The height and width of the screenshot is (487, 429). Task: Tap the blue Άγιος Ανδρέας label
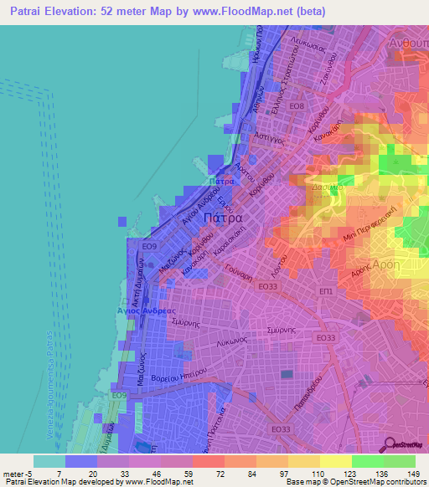[141, 310]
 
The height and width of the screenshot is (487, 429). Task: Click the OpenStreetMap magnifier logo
[388, 444]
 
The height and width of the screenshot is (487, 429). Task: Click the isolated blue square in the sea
[122, 221]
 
